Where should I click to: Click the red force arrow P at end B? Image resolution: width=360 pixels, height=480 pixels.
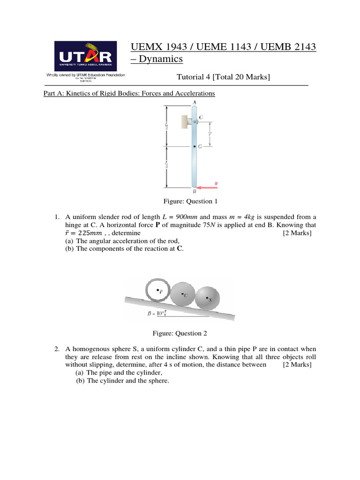[x=208, y=187]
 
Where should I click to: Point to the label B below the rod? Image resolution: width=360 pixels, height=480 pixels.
[x=194, y=191]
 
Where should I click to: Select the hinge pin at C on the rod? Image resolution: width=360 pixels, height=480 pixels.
[x=195, y=122]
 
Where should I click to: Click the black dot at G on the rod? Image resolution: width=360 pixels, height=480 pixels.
[x=195, y=147]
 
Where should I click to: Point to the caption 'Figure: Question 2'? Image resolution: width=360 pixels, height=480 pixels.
[x=180, y=333]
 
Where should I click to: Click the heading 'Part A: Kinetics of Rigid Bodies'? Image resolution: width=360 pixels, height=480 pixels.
[x=129, y=93]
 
